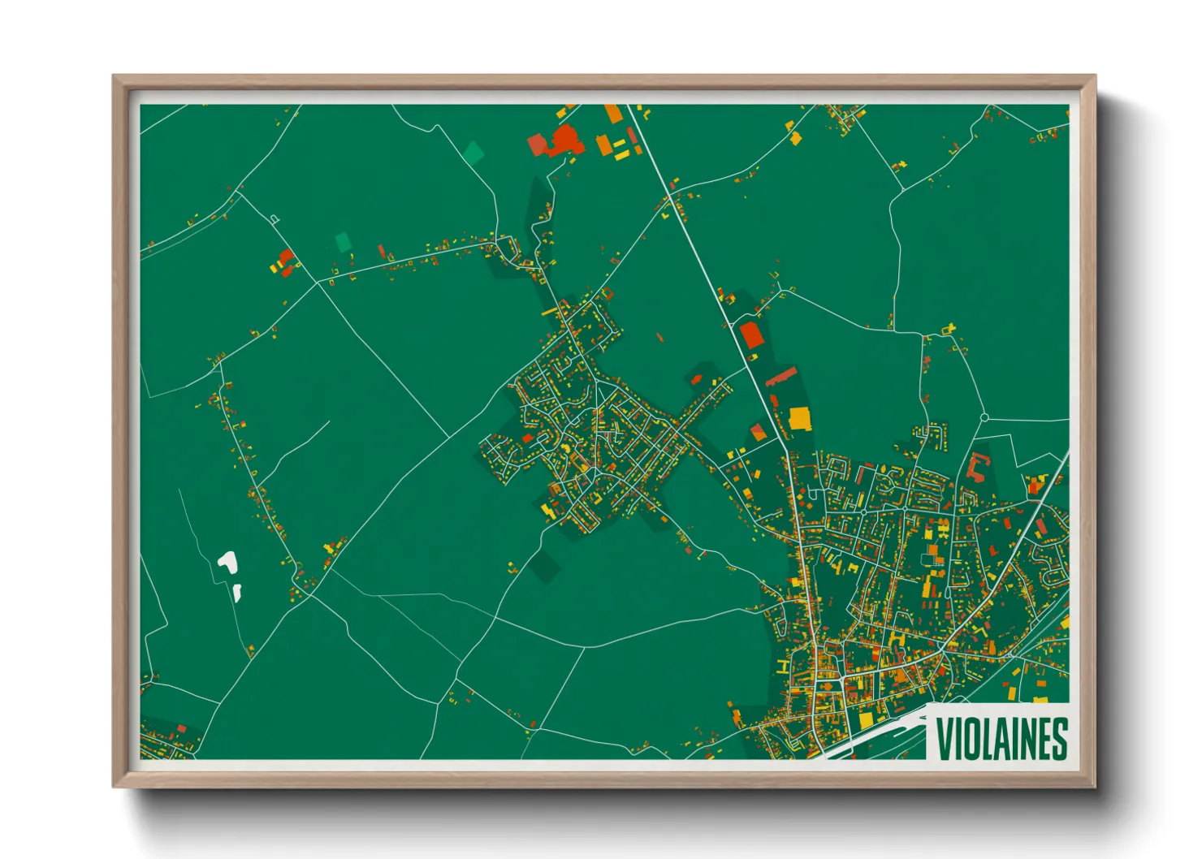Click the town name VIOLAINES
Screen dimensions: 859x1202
coord(1001,738)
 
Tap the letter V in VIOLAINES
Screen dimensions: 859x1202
coord(945,738)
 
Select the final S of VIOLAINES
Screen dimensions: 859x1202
coord(1058,738)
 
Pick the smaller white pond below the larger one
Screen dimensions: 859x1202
coord(237,592)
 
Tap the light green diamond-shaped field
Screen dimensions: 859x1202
coord(473,152)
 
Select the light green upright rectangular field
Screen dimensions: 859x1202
coord(343,241)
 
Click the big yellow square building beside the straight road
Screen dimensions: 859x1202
coord(800,418)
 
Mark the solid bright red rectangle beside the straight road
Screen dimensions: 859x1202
coord(751,335)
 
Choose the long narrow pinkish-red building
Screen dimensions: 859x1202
coord(781,377)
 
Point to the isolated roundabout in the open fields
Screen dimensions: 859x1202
coord(984,417)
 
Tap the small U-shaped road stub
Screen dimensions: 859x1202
coord(275,218)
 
